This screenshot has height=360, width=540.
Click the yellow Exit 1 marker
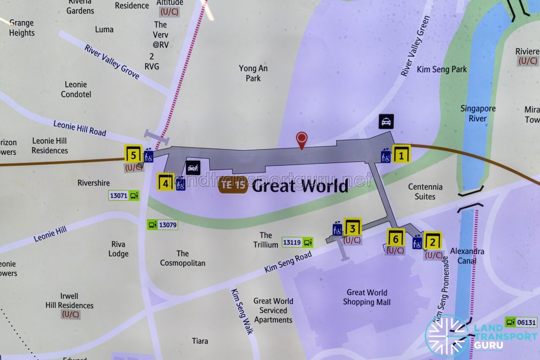(x=401, y=154)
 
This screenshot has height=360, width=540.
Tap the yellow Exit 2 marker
(x=433, y=242)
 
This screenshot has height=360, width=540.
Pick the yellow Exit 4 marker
(x=166, y=182)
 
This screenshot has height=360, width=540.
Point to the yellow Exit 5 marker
(x=133, y=154)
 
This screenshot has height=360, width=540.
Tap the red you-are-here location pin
(x=301, y=139)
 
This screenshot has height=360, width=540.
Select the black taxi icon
(x=386, y=121)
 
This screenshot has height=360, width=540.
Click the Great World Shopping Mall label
(x=367, y=297)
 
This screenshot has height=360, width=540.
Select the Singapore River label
(x=478, y=113)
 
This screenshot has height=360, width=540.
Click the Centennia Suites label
(x=425, y=192)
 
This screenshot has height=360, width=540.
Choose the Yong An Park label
(x=253, y=73)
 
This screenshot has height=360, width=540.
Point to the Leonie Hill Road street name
(x=80, y=128)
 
